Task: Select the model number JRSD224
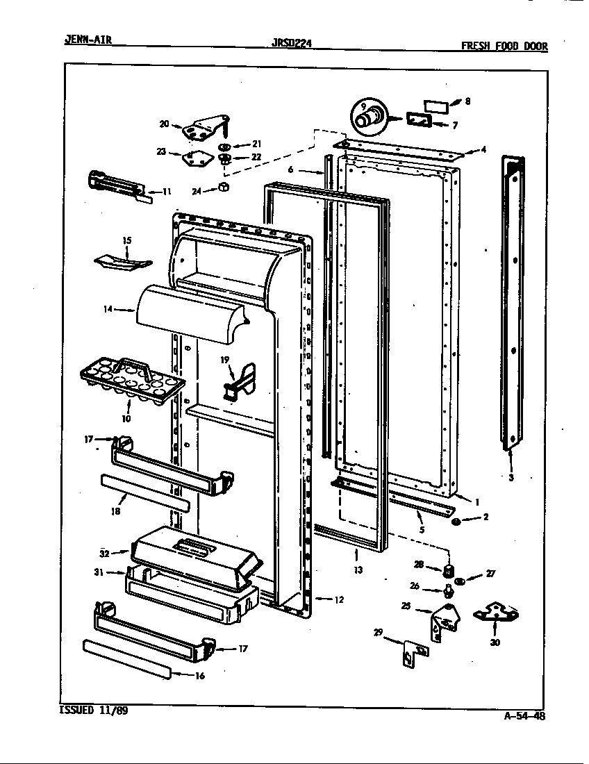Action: [x=292, y=43]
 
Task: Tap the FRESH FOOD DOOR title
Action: [x=504, y=47]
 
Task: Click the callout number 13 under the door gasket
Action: [x=358, y=570]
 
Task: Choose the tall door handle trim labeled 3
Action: [x=513, y=302]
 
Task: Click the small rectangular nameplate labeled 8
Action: [x=435, y=106]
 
